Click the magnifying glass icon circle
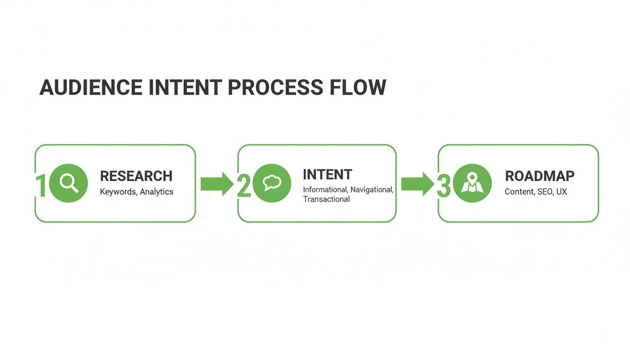(x=68, y=183)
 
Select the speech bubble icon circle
(x=271, y=183)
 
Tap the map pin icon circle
(x=472, y=183)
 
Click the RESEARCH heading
(x=136, y=176)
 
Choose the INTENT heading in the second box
(x=327, y=175)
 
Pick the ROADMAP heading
(x=540, y=176)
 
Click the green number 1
(x=41, y=187)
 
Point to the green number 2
(x=244, y=187)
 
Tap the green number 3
(x=443, y=187)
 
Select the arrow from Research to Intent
(x=217, y=184)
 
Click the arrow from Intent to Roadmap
(x=417, y=184)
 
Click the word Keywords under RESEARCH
(x=118, y=192)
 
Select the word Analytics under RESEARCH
(x=157, y=192)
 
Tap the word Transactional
(x=326, y=199)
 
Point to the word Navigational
(x=372, y=190)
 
